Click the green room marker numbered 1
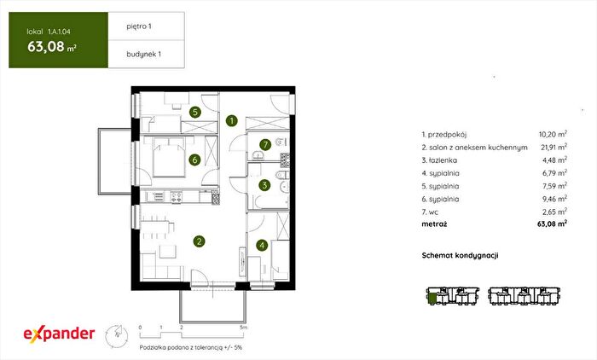[x=231, y=121]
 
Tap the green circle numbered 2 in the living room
[x=199, y=241]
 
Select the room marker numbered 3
[x=264, y=185]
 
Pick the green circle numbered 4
[x=262, y=246]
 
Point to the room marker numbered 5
[x=195, y=112]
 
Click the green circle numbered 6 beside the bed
[x=194, y=160]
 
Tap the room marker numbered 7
[x=265, y=145]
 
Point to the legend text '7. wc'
[x=430, y=212]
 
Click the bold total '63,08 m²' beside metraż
[x=552, y=224]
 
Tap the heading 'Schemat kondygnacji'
[x=460, y=256]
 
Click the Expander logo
[x=59, y=334]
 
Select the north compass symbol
[x=117, y=336]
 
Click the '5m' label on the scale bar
[x=244, y=328]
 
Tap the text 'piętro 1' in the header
[x=139, y=26]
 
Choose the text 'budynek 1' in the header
[x=143, y=54]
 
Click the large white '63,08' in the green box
[x=46, y=46]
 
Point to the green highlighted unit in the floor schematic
[x=432, y=296]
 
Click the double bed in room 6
[x=169, y=157]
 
